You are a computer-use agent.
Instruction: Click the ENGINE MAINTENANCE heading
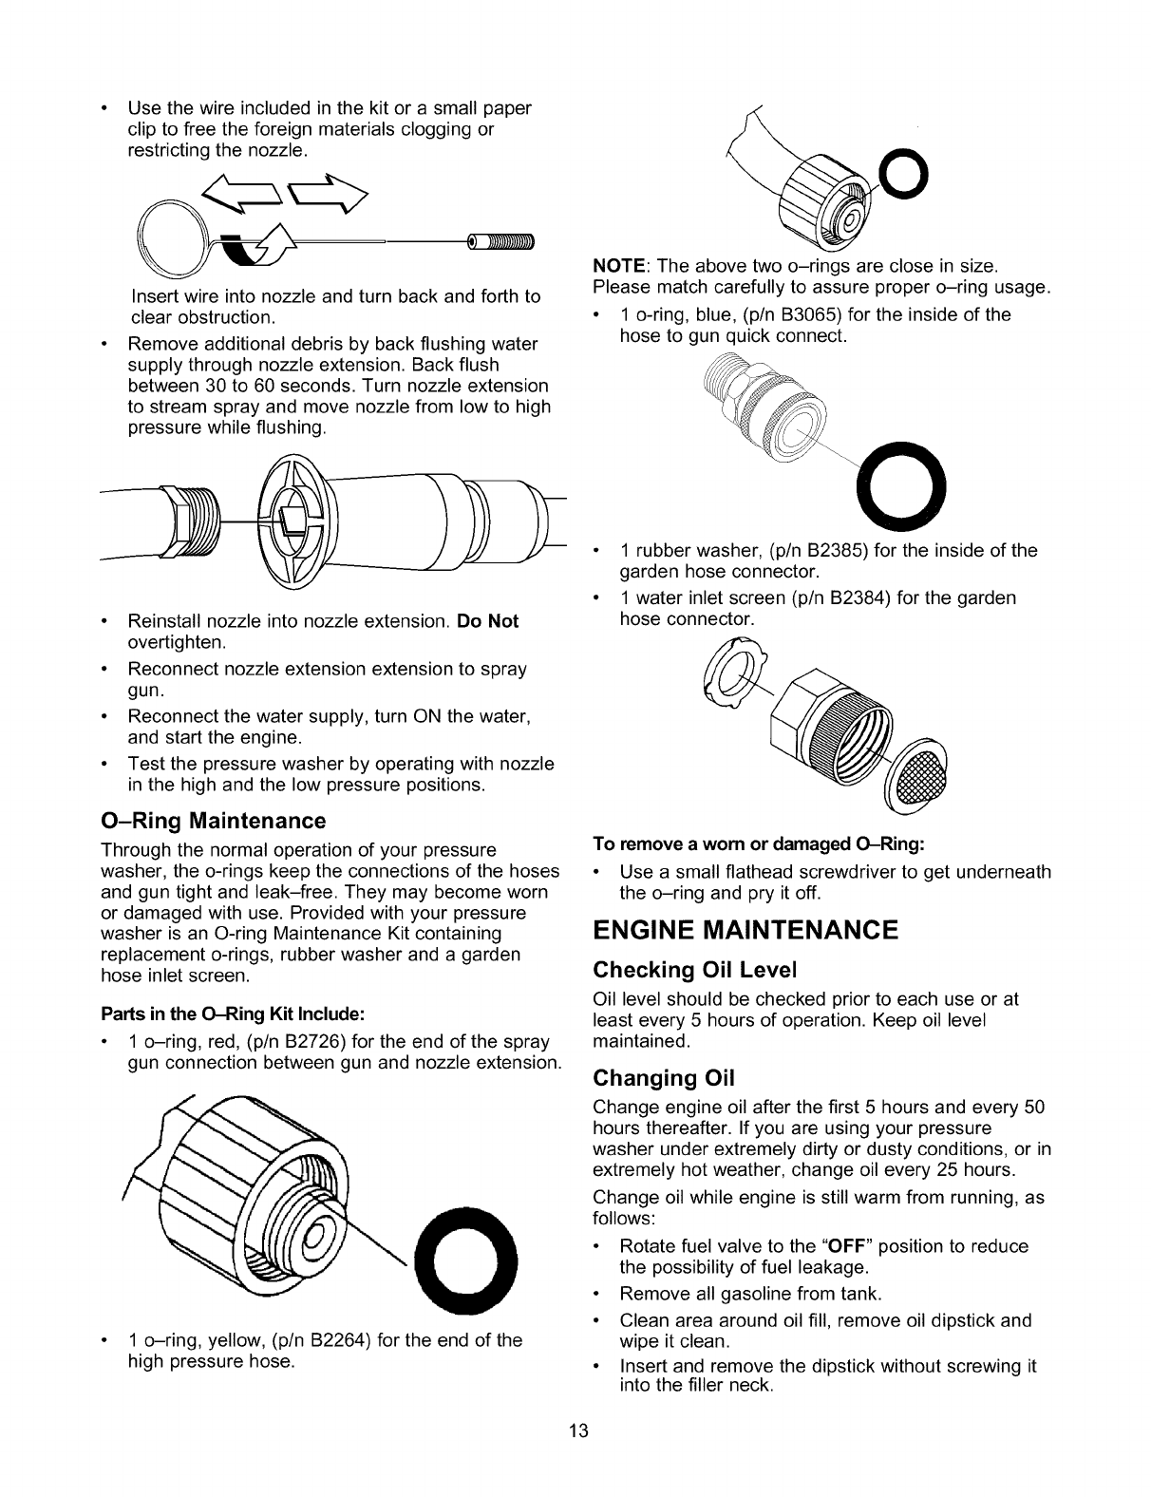coord(745,929)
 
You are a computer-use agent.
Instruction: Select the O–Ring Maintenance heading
coord(214,820)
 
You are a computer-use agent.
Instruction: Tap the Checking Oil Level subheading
coord(694,970)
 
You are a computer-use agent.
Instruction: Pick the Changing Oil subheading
coord(664,1078)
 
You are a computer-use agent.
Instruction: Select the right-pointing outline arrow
coord(331,193)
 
